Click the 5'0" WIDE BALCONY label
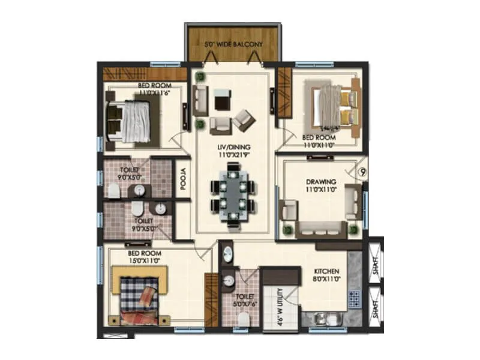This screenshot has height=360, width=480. pyautogui.click(x=233, y=44)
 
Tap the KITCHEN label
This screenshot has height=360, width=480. pyautogui.click(x=326, y=271)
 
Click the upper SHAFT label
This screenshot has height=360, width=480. pyautogui.click(x=376, y=265)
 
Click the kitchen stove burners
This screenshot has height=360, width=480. pyautogui.click(x=353, y=297)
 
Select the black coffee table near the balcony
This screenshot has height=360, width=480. pyautogui.click(x=221, y=100)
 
